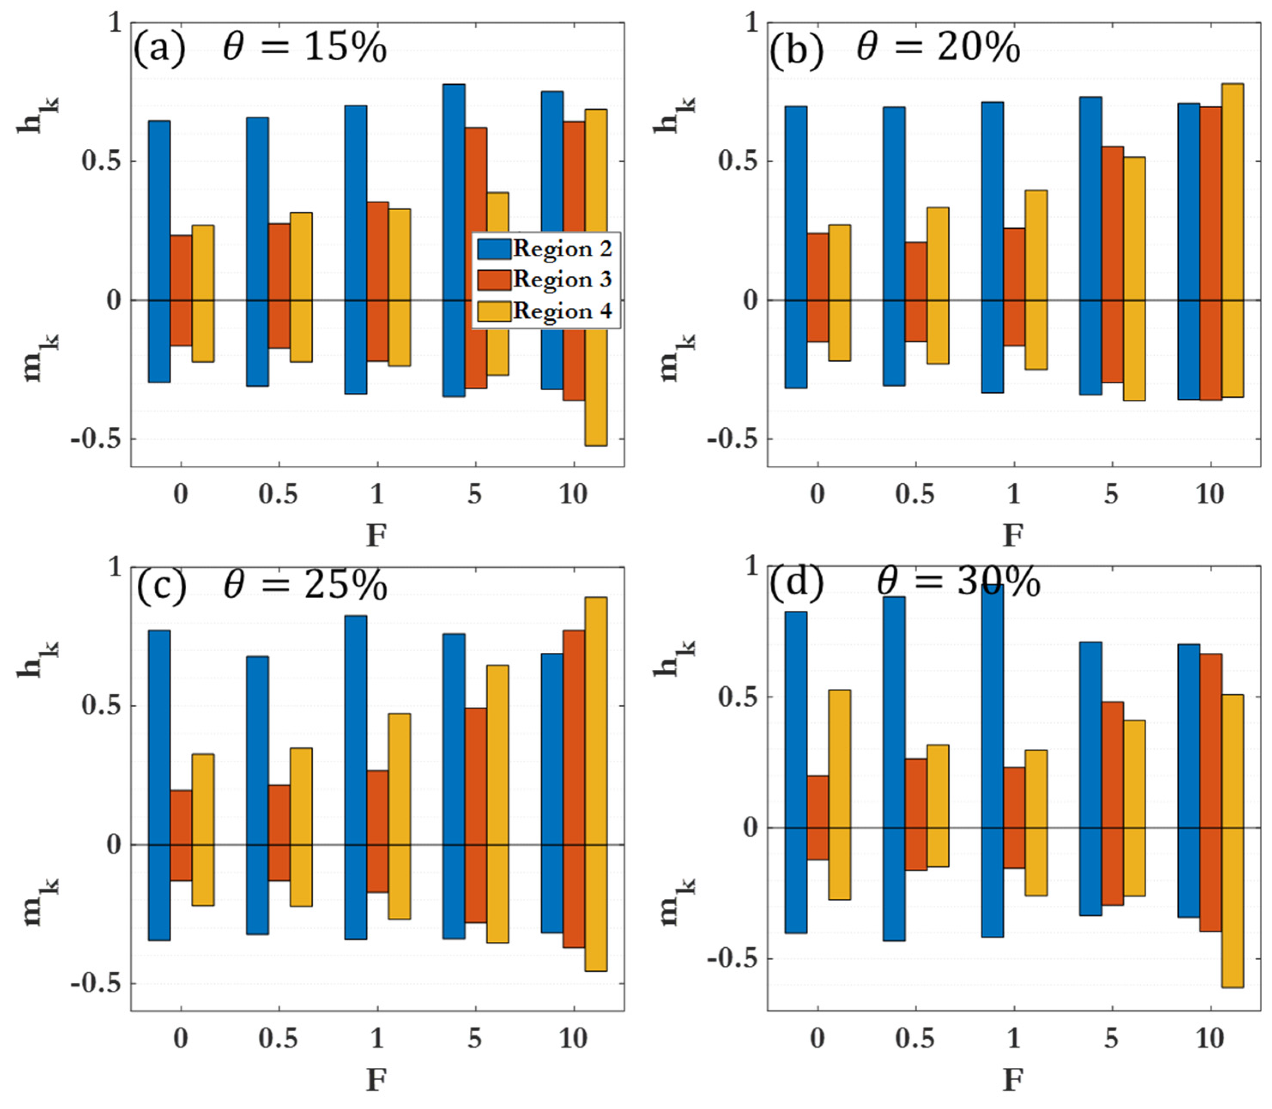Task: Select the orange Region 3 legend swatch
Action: tap(494, 280)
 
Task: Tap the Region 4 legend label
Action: tap(562, 310)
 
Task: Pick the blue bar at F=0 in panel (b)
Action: tap(796, 247)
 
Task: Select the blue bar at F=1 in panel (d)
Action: tap(992, 761)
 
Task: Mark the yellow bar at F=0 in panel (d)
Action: tap(839, 795)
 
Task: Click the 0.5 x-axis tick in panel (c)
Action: tap(278, 1037)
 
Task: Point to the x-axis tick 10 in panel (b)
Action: tap(1209, 494)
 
